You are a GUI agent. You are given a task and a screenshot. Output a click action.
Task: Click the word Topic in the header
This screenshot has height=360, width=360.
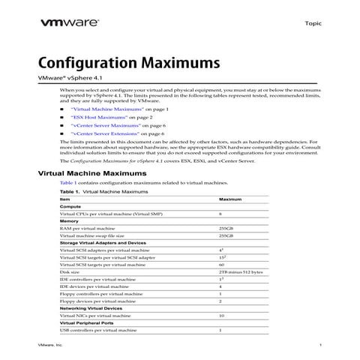click(x=313, y=24)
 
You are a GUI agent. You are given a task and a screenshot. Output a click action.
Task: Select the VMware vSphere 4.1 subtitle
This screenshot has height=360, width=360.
click(x=70, y=79)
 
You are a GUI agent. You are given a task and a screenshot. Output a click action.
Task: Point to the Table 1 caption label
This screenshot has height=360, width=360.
click(x=70, y=192)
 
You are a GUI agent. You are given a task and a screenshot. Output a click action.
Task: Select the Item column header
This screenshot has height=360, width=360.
click(x=65, y=199)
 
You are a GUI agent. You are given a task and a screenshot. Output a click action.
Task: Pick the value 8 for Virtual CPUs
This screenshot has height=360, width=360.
click(x=220, y=214)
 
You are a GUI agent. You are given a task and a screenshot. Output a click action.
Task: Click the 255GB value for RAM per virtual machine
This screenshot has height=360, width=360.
click(x=226, y=228)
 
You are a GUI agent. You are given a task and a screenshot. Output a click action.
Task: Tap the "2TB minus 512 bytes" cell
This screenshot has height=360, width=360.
click(x=240, y=271)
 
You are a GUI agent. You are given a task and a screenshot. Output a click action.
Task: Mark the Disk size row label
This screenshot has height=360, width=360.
click(x=71, y=271)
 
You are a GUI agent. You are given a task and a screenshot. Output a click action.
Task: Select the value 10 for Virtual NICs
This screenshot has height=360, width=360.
click(x=221, y=316)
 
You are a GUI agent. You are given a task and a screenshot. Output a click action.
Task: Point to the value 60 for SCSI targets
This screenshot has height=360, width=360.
click(x=221, y=265)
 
